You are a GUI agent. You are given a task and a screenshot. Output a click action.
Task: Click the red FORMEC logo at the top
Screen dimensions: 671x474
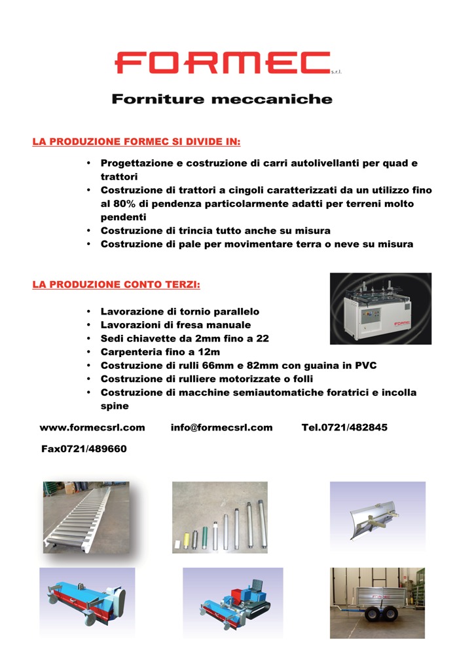(x=223, y=63)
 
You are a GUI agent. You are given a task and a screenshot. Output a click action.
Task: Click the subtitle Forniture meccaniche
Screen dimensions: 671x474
(x=222, y=100)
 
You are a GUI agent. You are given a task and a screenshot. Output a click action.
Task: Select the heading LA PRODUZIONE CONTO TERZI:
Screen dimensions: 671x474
(x=116, y=285)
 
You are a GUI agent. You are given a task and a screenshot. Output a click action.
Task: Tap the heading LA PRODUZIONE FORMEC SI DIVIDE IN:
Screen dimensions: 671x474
(x=136, y=141)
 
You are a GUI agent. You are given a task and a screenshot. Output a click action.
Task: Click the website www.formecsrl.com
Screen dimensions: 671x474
(x=92, y=427)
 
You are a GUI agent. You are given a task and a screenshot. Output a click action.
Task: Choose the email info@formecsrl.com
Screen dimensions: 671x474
(x=221, y=427)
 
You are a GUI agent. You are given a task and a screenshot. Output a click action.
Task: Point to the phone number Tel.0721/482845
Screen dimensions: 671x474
(x=344, y=427)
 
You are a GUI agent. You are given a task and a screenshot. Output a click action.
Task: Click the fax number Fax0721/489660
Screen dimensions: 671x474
(x=84, y=449)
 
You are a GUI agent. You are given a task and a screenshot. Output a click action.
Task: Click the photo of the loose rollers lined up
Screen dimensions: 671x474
(x=219, y=517)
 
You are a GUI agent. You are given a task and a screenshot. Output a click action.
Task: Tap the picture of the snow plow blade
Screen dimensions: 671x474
(x=377, y=516)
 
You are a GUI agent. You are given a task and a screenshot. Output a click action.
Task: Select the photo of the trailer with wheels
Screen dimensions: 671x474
(x=377, y=603)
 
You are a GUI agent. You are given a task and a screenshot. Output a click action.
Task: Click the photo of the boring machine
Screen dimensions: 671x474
(x=380, y=309)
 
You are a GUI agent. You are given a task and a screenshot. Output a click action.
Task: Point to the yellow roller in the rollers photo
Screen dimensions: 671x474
(x=187, y=538)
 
